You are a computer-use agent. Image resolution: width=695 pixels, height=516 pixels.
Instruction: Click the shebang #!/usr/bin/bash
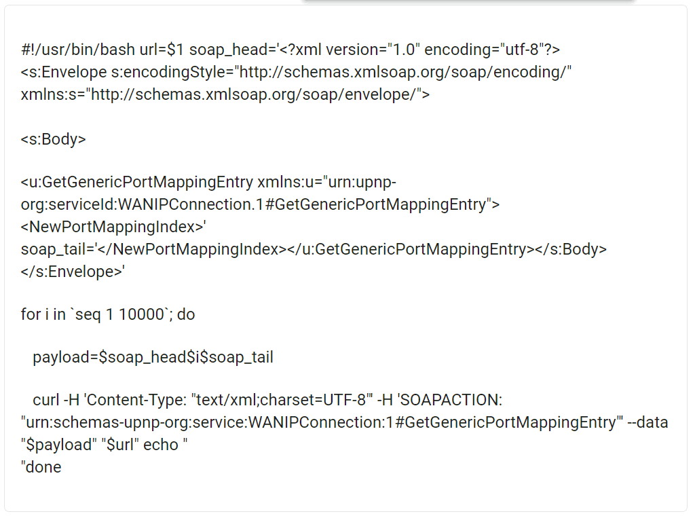tap(78, 50)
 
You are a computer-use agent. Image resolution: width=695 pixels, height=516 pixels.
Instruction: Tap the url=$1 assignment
tap(162, 50)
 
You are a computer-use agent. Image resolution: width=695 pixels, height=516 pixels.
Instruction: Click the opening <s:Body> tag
tap(53, 139)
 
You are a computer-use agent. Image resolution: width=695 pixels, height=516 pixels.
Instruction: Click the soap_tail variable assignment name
tap(53, 249)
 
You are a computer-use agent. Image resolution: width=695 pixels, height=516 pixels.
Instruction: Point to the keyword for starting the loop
tap(31, 314)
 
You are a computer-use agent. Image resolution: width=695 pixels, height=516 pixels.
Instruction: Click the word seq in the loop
tap(88, 315)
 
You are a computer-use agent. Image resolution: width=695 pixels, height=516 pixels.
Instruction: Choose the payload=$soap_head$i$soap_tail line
tap(153, 357)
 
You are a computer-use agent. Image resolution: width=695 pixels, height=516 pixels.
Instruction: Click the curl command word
tap(46, 400)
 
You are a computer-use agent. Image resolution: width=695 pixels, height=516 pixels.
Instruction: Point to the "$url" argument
tap(123, 445)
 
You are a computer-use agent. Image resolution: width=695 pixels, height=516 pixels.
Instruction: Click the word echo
tap(161, 445)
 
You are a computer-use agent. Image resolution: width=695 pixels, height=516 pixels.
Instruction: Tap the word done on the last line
tap(43, 467)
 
